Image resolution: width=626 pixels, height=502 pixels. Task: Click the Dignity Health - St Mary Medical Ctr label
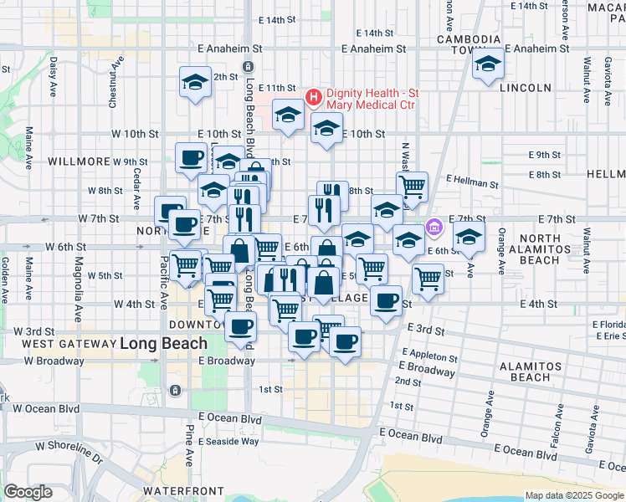pyautogui.click(x=372, y=99)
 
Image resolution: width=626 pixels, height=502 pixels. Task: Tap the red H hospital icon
pyautogui.click(x=314, y=98)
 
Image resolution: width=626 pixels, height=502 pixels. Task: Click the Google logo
pyautogui.click(x=28, y=492)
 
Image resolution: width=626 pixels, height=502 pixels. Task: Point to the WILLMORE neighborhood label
pyautogui.click(x=80, y=161)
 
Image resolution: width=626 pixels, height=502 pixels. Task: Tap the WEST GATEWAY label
pyautogui.click(x=68, y=344)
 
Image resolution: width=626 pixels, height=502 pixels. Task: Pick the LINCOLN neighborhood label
pyautogui.click(x=525, y=88)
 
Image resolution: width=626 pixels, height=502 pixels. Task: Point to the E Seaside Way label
pyautogui.click(x=228, y=441)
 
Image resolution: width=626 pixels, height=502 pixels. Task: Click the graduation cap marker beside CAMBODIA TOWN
pyautogui.click(x=487, y=64)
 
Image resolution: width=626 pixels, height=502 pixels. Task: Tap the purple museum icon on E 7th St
pyautogui.click(x=434, y=227)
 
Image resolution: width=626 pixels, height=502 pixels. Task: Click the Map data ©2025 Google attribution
pyautogui.click(x=573, y=495)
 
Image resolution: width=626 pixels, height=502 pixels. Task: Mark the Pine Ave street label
pyautogui.click(x=189, y=446)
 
